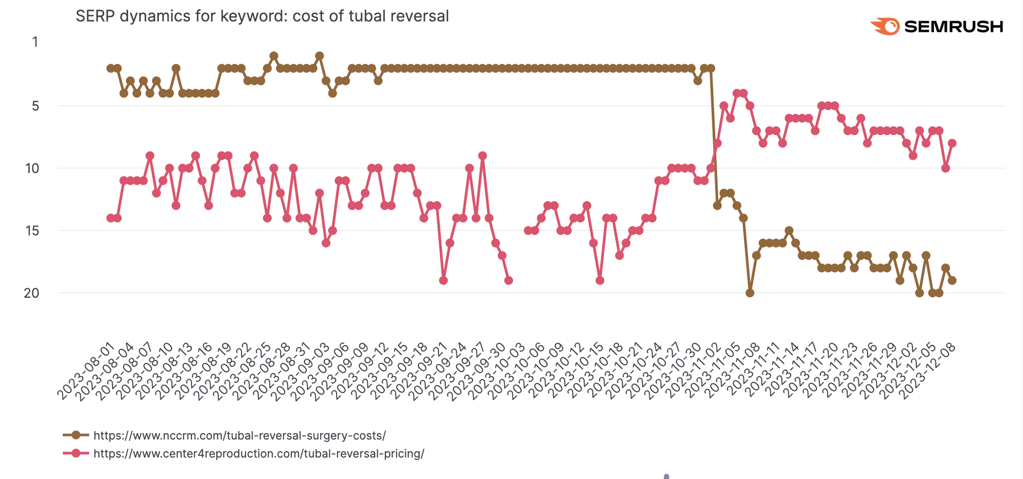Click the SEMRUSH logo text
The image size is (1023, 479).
click(953, 26)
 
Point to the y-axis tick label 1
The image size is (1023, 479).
click(35, 42)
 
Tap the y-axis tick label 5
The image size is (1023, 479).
click(35, 106)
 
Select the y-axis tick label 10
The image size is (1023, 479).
click(32, 168)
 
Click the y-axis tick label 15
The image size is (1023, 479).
click(32, 231)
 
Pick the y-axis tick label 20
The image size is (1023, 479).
click(31, 293)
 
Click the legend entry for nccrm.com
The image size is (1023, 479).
click(240, 435)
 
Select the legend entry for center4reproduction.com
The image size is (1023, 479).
click(258, 454)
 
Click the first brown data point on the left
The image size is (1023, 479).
click(110, 68)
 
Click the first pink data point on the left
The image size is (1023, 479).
click(110, 218)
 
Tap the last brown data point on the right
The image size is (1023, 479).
click(952, 281)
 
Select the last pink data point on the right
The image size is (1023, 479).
click(952, 143)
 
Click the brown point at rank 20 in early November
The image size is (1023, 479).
click(750, 293)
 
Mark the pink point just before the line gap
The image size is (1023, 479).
click(509, 281)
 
